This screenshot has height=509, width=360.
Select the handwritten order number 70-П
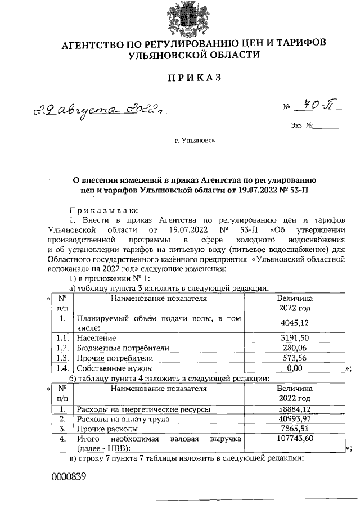click(316, 105)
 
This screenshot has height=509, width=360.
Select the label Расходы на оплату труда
click(123, 418)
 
